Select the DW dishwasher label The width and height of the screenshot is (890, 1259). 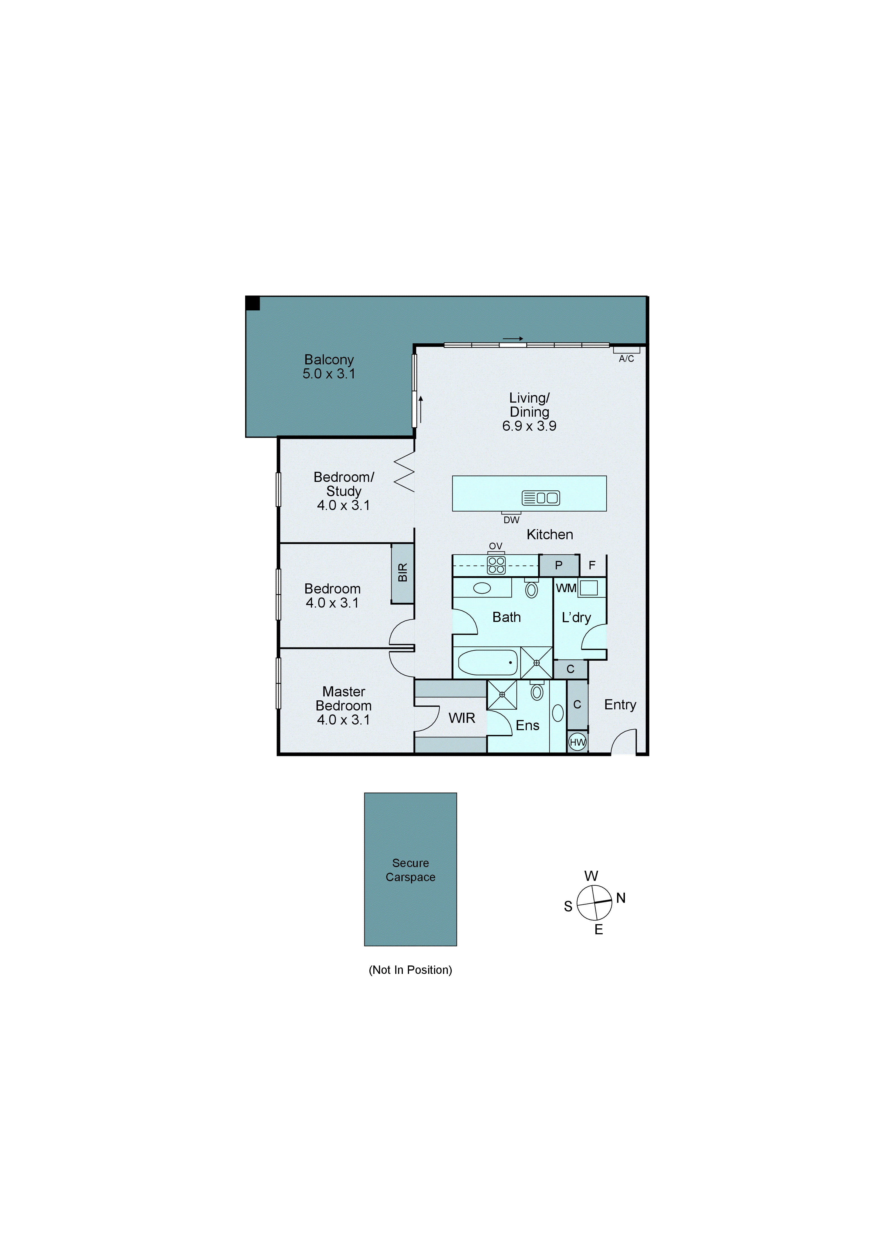click(511, 520)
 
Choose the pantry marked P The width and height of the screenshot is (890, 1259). click(559, 565)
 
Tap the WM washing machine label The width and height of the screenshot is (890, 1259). click(566, 588)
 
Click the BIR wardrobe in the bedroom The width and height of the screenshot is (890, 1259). click(403, 573)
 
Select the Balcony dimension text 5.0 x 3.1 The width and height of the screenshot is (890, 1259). click(329, 374)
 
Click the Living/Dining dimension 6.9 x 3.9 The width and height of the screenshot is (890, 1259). click(529, 426)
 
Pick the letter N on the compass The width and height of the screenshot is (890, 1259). click(621, 898)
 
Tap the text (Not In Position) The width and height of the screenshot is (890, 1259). click(410, 970)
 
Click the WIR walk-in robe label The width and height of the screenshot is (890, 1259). click(462, 718)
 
